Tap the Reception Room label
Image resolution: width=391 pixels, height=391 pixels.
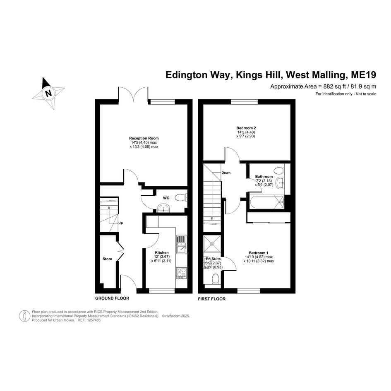[x=144, y=138]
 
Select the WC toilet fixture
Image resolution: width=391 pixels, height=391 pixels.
[x=181, y=198]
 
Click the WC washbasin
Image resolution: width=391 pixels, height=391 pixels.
[x=163, y=208]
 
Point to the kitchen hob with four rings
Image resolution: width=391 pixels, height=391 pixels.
[x=181, y=273]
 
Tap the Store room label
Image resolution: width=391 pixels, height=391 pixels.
[x=107, y=259]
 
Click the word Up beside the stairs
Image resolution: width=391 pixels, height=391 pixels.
[x=120, y=223]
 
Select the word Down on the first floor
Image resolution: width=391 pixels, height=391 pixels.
[x=226, y=173]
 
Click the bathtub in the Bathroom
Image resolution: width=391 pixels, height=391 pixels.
[x=267, y=202]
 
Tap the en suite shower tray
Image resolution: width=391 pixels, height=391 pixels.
[x=212, y=244]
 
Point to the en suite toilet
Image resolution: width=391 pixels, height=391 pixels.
[x=216, y=278]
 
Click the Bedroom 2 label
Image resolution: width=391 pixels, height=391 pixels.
[x=246, y=128]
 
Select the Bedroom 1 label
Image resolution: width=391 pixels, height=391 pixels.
[x=259, y=253]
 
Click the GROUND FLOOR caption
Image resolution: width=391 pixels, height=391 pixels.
[x=112, y=298]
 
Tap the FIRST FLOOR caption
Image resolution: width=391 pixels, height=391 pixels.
[x=212, y=299]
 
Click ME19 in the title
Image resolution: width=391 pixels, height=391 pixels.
[x=364, y=75]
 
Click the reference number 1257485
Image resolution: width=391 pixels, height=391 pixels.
[x=93, y=320]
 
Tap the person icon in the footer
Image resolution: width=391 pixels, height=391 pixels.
[x=24, y=316]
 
